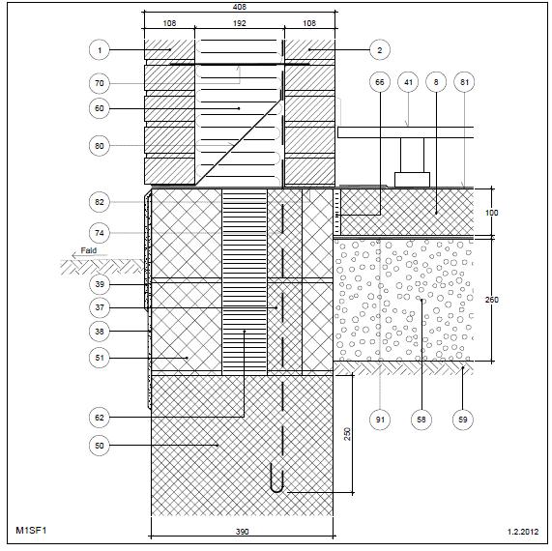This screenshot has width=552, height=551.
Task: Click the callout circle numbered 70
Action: click(x=100, y=83)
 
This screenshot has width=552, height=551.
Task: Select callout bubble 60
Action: click(x=100, y=108)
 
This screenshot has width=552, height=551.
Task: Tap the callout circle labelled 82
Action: click(x=100, y=202)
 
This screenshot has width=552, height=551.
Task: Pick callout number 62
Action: click(x=100, y=418)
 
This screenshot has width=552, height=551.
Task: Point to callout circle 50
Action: click(x=100, y=446)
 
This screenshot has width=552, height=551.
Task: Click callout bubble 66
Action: click(x=380, y=82)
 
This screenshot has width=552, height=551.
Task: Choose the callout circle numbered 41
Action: click(x=408, y=82)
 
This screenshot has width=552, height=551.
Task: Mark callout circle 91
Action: click(x=380, y=420)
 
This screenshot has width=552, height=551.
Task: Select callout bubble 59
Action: click(x=463, y=420)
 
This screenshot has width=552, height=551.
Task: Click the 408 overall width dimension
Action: click(x=240, y=7)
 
